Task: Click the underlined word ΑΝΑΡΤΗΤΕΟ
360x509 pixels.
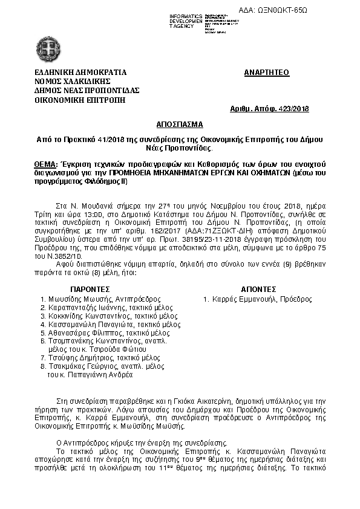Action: point(266,73)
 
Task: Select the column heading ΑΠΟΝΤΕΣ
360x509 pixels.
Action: point(258,290)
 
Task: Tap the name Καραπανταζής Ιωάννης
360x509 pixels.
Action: point(85,308)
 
